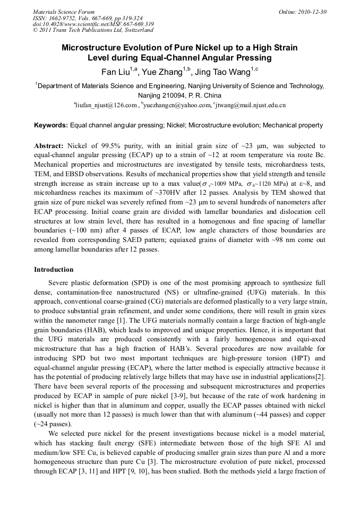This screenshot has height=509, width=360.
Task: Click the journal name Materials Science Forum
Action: coord(64,12)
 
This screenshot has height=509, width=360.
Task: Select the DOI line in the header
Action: coord(93,24)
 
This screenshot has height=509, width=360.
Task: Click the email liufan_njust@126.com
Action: coord(107,105)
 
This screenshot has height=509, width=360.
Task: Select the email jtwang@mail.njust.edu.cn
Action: coord(251,105)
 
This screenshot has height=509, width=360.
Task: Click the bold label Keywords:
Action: coord(51,126)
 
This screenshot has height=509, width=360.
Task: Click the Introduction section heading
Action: coord(54,270)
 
